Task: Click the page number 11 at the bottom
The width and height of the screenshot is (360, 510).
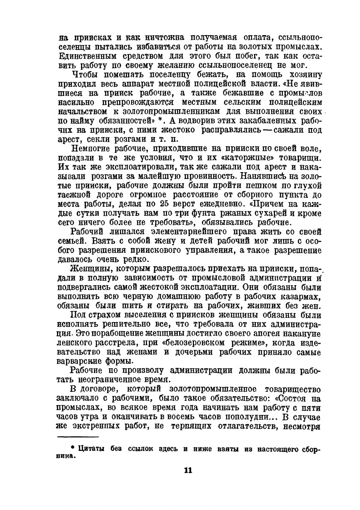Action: click(x=188, y=471)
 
